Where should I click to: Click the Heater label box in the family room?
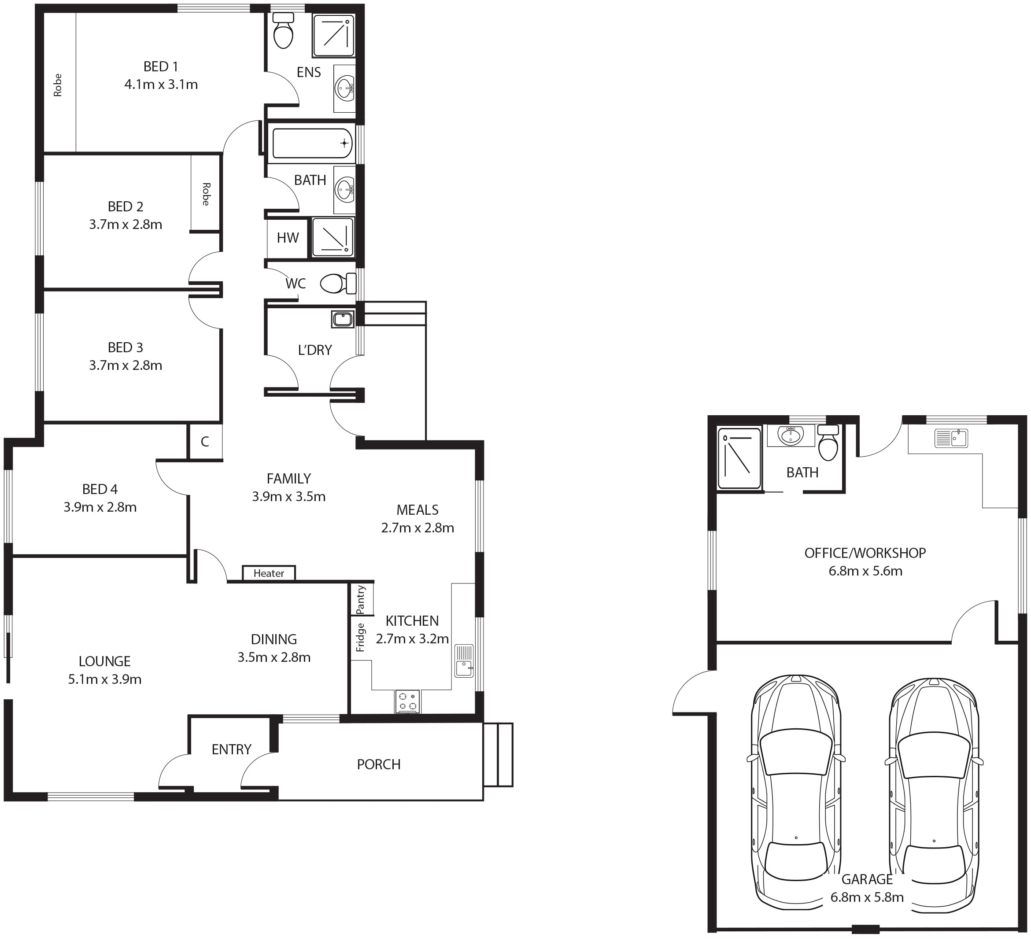269,573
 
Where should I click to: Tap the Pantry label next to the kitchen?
361,599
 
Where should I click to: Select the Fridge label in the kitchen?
361,637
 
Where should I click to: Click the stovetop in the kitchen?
407,701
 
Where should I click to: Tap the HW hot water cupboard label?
288,238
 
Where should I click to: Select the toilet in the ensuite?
283,31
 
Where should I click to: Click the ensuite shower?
333,35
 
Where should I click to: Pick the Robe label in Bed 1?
58,85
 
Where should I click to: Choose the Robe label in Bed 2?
206,194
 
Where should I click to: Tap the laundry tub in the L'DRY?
343,320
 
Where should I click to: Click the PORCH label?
378,764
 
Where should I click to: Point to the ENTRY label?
232,749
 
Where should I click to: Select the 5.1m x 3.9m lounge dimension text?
105,679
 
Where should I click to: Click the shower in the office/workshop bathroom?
739,458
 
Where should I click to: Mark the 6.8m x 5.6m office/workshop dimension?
865,571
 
